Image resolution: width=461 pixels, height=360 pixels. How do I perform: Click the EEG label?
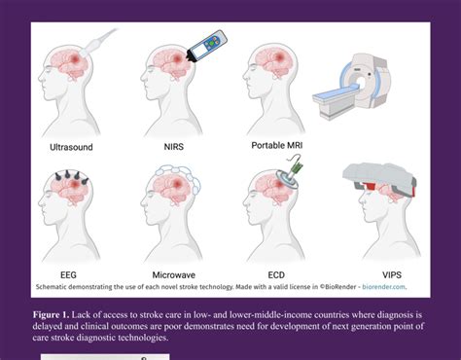[x=70, y=275]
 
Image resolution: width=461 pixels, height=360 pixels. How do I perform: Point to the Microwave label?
[x=176, y=275]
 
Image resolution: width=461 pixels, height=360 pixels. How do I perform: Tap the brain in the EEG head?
[x=70, y=199]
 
